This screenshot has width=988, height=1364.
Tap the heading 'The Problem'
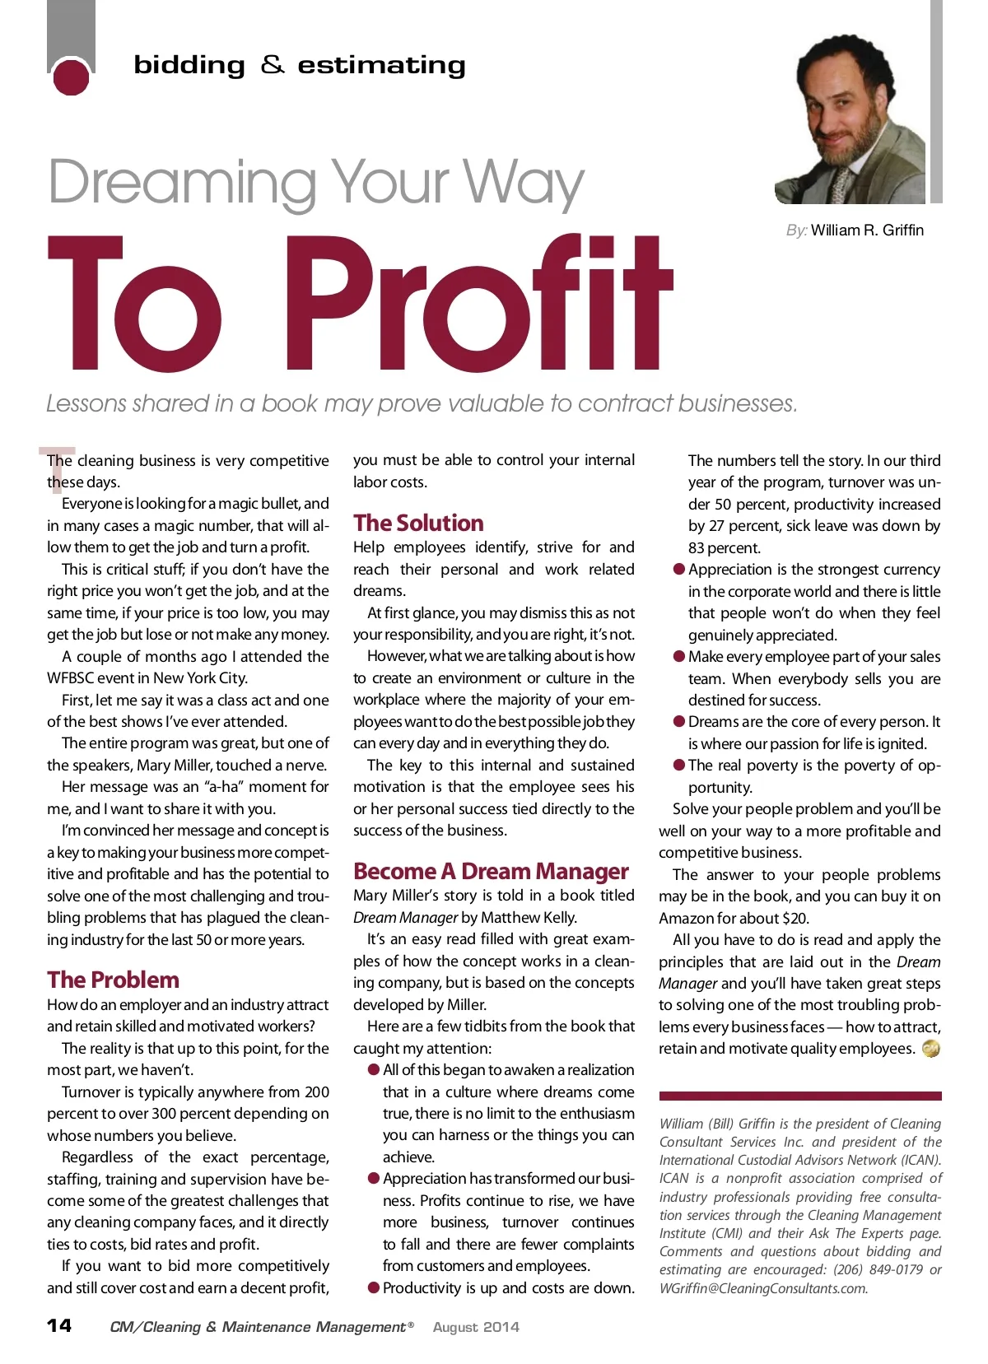coord(113,980)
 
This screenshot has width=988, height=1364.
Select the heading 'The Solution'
coord(418,523)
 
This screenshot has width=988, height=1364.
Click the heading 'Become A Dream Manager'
coord(491,871)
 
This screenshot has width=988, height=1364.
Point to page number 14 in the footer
coord(59,1325)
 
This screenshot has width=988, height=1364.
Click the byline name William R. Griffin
coord(867,230)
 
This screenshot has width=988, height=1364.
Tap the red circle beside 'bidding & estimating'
coord(70,77)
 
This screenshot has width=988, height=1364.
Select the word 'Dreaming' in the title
coord(182,183)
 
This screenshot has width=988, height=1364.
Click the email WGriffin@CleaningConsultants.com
coord(763,1288)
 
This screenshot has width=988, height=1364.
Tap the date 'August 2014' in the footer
coord(476,1327)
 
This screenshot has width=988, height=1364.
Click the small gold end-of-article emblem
coord(931,1049)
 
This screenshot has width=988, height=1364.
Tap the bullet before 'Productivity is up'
coord(374,1287)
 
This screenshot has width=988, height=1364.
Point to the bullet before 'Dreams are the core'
coord(679,722)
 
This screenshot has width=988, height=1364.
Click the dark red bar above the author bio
coord(799,1096)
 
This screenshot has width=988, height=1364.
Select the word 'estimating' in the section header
coord(381,65)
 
